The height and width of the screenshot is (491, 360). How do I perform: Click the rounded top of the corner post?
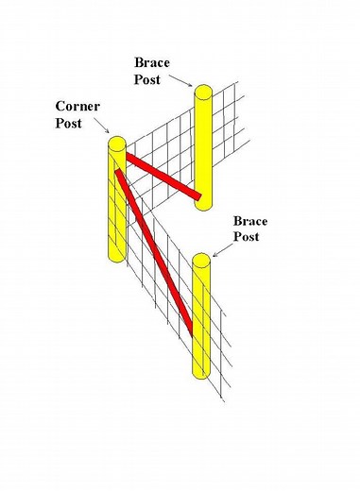tap(116, 144)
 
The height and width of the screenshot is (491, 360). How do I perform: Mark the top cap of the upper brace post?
tap(204, 92)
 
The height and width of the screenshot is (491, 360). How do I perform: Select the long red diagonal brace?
tap(155, 251)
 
